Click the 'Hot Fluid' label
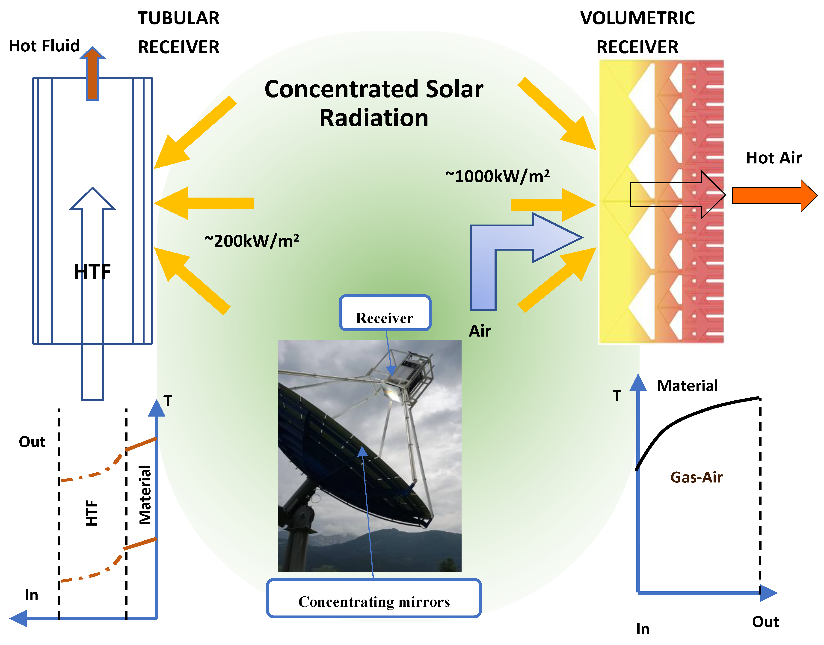pyautogui.click(x=44, y=46)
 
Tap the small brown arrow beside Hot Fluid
pyautogui.click(x=92, y=74)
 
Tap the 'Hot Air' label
pyautogui.click(x=774, y=158)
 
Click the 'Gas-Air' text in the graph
pyautogui.click(x=696, y=477)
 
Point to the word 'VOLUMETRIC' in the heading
pyautogui.click(x=637, y=18)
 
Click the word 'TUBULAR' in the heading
pyautogui.click(x=178, y=18)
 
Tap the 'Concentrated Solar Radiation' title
pyautogui.click(x=374, y=103)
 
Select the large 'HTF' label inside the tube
pyautogui.click(x=92, y=272)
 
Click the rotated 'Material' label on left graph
pyautogui.click(x=145, y=495)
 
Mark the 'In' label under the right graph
pyautogui.click(x=643, y=629)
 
